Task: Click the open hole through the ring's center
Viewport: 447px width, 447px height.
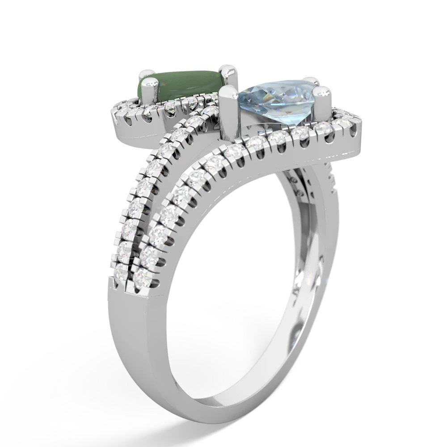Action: [x=232, y=250]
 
